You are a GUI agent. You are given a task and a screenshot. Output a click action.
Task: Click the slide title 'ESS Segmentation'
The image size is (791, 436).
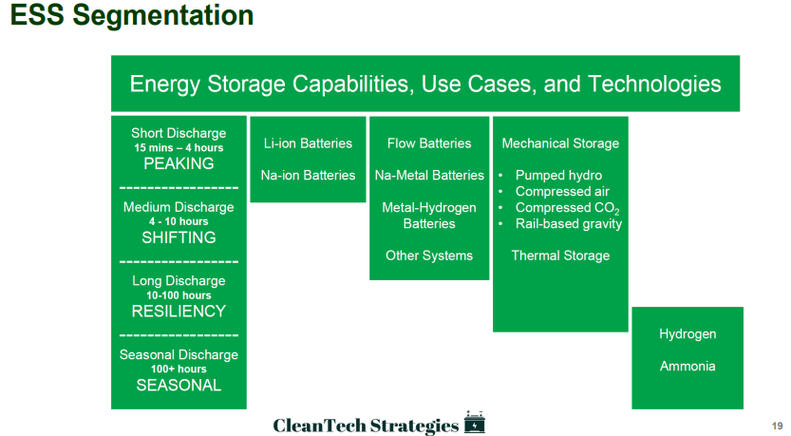pos(132,14)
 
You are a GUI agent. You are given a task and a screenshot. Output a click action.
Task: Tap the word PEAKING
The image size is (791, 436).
pos(179,163)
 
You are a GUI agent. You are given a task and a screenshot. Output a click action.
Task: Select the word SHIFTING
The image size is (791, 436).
pos(179,237)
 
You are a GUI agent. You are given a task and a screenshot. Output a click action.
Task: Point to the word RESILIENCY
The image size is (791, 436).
pos(179,311)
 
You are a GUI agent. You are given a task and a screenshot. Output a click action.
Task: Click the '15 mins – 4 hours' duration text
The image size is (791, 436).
pos(179,148)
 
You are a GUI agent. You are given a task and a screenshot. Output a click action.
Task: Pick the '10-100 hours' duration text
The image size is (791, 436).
pos(179,295)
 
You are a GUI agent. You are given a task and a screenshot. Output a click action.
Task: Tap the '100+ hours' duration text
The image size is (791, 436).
pos(179,369)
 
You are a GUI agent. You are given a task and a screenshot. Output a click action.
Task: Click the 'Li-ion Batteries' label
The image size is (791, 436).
pos(308,143)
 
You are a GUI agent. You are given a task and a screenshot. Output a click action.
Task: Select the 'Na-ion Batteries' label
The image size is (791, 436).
pos(308,175)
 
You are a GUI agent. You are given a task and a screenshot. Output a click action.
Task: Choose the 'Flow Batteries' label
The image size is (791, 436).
pos(429,143)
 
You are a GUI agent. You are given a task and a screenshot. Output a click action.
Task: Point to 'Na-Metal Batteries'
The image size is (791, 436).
pos(429,175)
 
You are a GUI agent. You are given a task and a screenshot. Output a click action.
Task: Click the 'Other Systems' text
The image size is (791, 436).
pos(429,256)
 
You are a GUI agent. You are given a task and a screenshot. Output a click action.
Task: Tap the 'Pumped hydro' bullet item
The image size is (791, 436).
pos(558,175)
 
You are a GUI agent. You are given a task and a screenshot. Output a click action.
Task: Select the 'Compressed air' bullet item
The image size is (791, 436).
pos(562,191)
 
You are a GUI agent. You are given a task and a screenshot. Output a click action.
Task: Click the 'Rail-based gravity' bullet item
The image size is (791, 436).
pos(569,223)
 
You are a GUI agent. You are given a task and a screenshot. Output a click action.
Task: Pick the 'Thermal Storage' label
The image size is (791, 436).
pos(560,256)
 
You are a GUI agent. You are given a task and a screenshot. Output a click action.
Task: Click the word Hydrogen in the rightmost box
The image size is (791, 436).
pos(687,334)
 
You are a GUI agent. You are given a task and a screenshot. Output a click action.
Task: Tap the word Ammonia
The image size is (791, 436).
pos(687,366)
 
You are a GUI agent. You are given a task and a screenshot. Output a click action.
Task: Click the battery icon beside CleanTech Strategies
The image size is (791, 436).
pos(474,422)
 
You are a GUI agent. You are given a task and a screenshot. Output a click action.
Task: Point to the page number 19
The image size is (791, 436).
pos(777,426)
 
